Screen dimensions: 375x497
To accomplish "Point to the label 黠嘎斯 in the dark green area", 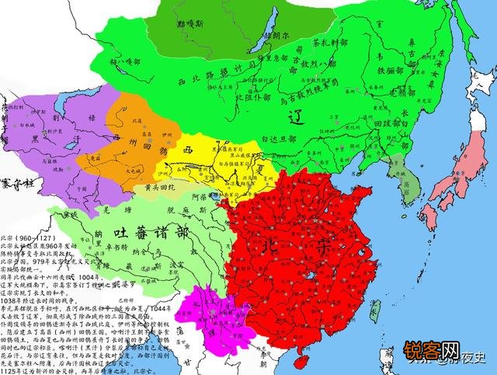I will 189,23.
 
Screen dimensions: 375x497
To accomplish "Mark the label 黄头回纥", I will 165,187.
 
